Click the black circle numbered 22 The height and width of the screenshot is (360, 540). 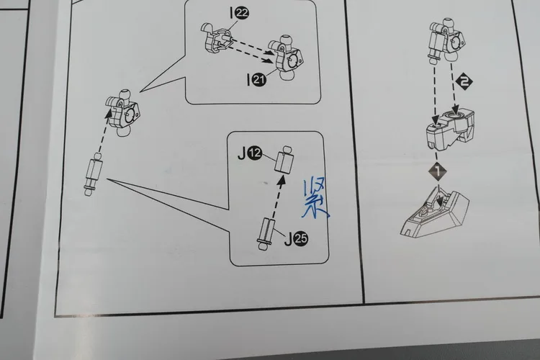pos(242,13)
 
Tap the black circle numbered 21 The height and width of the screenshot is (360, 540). pos(259,80)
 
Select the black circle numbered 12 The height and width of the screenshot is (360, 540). pos(255,153)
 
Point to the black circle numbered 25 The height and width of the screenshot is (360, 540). pos(301,239)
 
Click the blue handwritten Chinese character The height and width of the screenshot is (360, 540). pos(314,199)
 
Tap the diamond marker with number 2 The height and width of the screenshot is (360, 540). pos(464,82)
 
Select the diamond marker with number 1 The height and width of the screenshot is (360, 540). pos(438,171)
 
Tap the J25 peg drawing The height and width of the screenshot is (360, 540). pos(266,233)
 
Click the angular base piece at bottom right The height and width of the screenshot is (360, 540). pos(436,216)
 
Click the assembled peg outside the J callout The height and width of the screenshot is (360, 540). pos(94,174)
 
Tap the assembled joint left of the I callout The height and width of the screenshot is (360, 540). pos(122,113)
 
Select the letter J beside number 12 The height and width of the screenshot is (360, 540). pos(242,153)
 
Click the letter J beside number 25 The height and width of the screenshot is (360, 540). pos(288,239)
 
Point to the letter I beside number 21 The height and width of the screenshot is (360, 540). pos(248,80)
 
